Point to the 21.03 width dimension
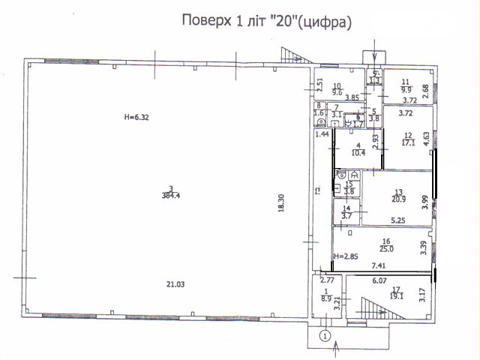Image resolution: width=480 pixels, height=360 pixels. coord(176,283)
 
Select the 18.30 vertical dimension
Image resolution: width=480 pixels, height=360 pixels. coord(280,205)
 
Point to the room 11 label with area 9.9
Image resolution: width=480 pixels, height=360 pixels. coord(406,85)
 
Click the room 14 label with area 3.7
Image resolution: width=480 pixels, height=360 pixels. coord(346,212)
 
